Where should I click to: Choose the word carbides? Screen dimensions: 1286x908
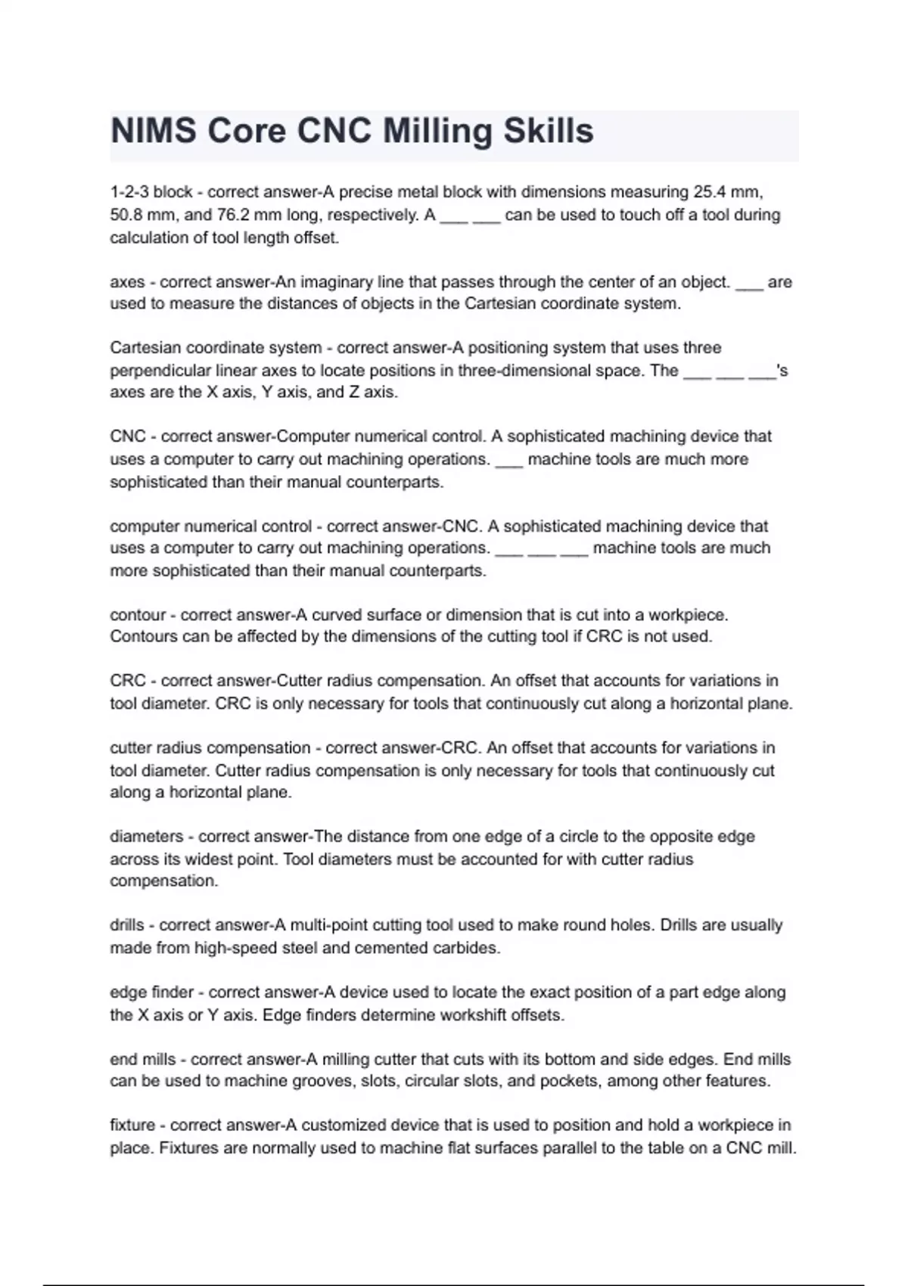pos(466,948)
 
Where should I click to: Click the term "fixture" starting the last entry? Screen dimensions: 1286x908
pos(132,1125)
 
